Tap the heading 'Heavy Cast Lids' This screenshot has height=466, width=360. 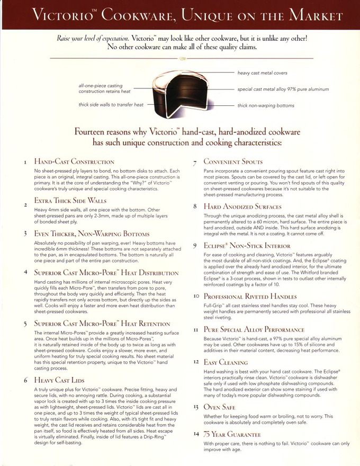pyautogui.click(x=59, y=380)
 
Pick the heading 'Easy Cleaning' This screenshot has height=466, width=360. pyautogui.click(x=226, y=362)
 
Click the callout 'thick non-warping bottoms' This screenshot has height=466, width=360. pyautogui.click(x=266, y=105)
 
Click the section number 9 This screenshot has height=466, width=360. pyautogui.click(x=195, y=246)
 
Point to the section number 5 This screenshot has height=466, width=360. pyautogui.click(x=25, y=324)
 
